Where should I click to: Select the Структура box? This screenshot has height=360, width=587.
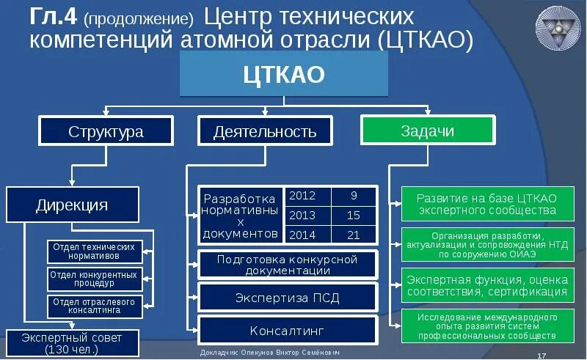tap(106, 132)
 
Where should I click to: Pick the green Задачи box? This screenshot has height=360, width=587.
tap(427, 131)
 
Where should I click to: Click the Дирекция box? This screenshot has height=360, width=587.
tap(72, 205)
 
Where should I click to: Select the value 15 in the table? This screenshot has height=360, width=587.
tap(354, 216)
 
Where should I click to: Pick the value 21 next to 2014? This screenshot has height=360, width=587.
tap(354, 235)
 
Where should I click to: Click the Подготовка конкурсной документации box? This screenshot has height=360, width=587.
tap(287, 265)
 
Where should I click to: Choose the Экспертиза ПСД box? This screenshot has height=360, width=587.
tap(287, 298)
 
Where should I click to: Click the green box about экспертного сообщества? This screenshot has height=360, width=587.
tap(486, 205)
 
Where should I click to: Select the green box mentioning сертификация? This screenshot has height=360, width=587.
tap(486, 286)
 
